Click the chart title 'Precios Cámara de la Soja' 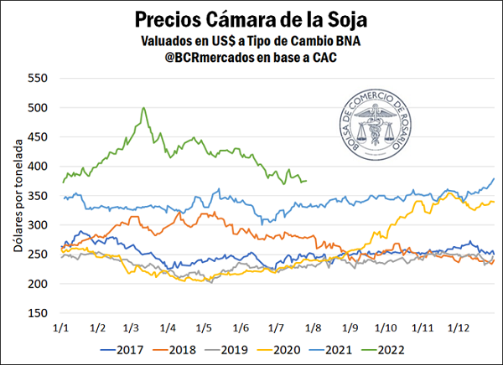(251, 18)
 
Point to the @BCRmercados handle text (252, 58)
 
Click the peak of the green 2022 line (143, 108)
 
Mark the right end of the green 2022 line (306, 181)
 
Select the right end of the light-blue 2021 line (494, 178)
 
